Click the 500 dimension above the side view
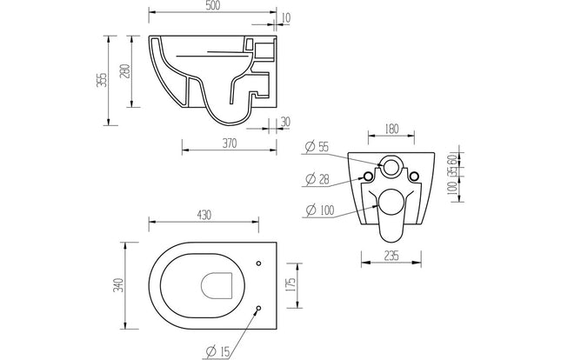[212, 7]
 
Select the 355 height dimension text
[102, 79]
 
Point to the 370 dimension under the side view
[230, 143]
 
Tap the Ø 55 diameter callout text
[317, 148]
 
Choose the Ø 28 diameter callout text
[317, 179]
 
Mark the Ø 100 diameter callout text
[319, 209]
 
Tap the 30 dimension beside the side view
[285, 121]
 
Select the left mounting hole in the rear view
[368, 177]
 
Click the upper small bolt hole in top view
[259, 262]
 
